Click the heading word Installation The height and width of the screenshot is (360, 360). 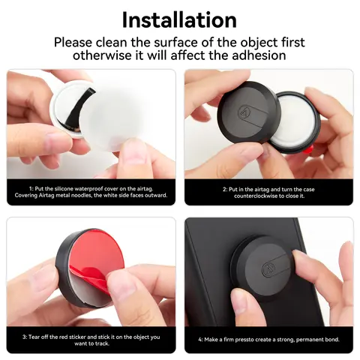179,19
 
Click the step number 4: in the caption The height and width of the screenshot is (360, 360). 201,340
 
